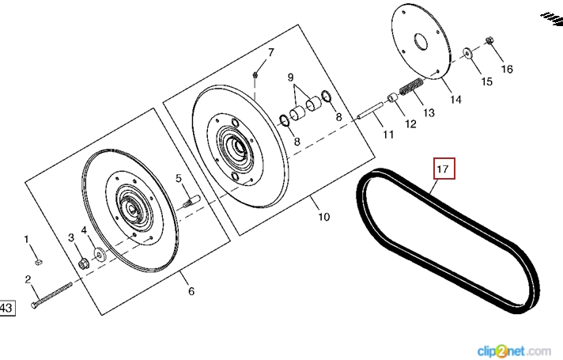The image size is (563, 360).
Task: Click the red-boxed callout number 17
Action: pyautogui.click(x=442, y=169)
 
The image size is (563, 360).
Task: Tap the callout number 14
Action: pyautogui.click(x=455, y=100)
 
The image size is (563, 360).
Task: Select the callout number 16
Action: pyautogui.click(x=507, y=69)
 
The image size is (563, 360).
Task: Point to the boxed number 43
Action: pyautogui.click(x=6, y=308)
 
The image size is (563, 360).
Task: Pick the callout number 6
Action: pyautogui.click(x=191, y=291)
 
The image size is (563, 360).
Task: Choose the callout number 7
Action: pyautogui.click(x=270, y=53)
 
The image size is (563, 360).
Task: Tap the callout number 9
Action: pyautogui.click(x=291, y=78)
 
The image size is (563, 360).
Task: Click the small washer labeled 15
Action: pyautogui.click(x=468, y=54)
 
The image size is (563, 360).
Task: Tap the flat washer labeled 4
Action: pyautogui.click(x=100, y=254)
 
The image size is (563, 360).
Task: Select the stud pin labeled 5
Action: pyautogui.click(x=189, y=202)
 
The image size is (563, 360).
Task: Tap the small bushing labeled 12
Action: pyautogui.click(x=391, y=100)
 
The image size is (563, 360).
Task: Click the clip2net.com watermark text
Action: pyautogui.click(x=513, y=349)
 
